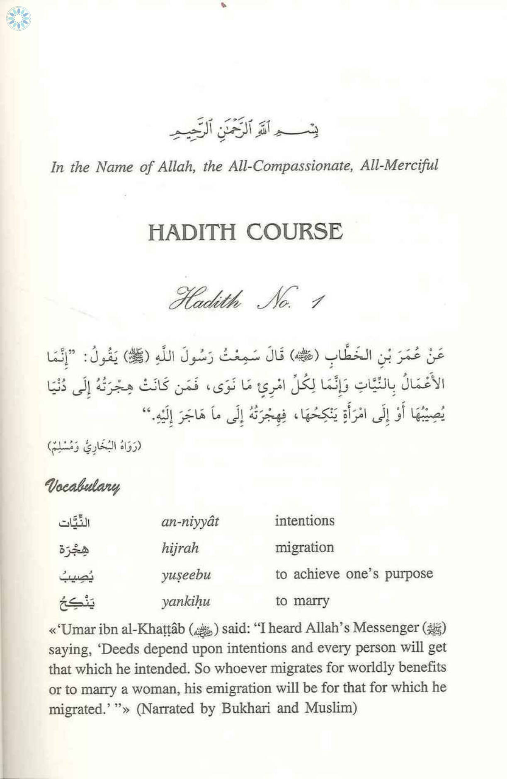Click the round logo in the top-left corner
pyautogui.click(x=19, y=19)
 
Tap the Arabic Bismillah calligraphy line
pyautogui.click(x=244, y=127)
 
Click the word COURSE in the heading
pyautogui.click(x=295, y=232)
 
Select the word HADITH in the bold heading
pyautogui.click(x=192, y=232)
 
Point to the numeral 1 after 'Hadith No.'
pyautogui.click(x=318, y=301)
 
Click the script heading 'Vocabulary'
pyautogui.click(x=82, y=486)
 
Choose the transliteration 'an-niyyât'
pyautogui.click(x=190, y=521)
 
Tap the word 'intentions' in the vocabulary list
pyautogui.click(x=305, y=520)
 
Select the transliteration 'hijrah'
pyautogui.click(x=180, y=548)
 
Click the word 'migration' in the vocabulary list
pyautogui.click(x=304, y=547)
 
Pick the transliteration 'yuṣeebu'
pyautogui.click(x=186, y=575)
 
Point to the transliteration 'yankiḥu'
pyautogui.click(x=186, y=601)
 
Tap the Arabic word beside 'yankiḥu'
pyautogui.click(x=77, y=602)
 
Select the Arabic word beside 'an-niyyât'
pyautogui.click(x=74, y=522)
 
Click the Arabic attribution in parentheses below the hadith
pyautogui.click(x=95, y=446)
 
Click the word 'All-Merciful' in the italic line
pyautogui.click(x=399, y=165)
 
